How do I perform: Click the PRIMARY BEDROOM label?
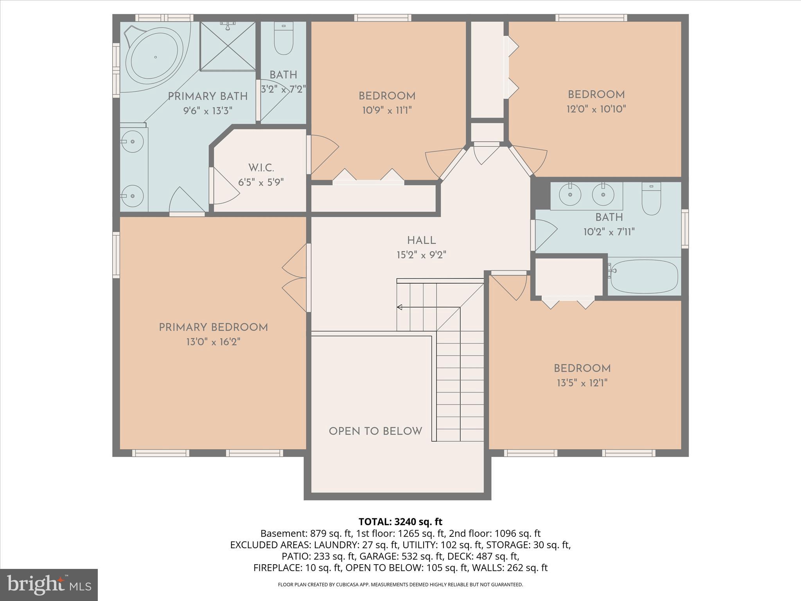(213, 327)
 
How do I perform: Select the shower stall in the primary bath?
(227, 46)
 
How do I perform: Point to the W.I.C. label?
(261, 168)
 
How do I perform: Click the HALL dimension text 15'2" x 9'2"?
(421, 255)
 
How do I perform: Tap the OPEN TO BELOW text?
(375, 431)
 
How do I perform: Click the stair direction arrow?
(399, 307)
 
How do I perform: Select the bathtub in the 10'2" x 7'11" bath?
(644, 276)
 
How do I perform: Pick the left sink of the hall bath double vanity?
(570, 194)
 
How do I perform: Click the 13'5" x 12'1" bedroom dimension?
(582, 383)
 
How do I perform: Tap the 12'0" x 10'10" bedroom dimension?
(596, 109)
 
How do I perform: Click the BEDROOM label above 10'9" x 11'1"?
(387, 96)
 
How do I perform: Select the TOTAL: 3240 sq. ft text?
(400, 522)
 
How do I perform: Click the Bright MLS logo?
(49, 585)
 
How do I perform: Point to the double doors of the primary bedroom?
(295, 278)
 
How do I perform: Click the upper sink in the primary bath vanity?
(132, 141)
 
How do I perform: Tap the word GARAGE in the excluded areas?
(377, 556)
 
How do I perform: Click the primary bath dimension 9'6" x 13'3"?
(208, 111)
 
